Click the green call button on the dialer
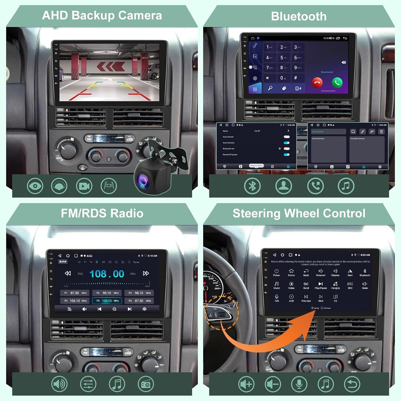(337, 82)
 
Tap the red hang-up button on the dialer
(317, 82)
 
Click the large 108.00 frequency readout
(107, 274)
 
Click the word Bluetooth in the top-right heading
(299, 16)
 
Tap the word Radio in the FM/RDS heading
(127, 213)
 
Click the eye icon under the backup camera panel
(35, 186)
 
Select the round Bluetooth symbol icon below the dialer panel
(252, 186)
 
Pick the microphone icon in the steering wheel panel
(299, 384)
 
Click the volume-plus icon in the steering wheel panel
(246, 384)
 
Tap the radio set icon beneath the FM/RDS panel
(146, 384)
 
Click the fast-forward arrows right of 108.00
(146, 273)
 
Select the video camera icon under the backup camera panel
(84, 186)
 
